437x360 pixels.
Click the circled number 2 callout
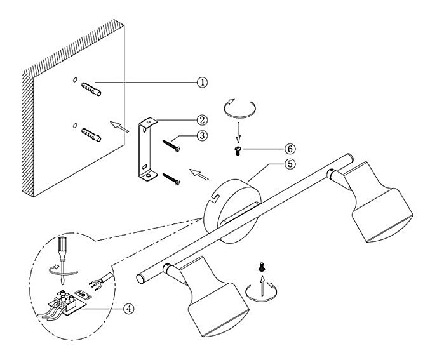pyautogui.click(x=201, y=119)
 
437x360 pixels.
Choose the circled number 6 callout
pyautogui.click(x=290, y=149)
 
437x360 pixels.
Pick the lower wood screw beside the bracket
pyautogui.click(x=172, y=180)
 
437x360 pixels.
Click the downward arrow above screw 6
pyautogui.click(x=238, y=130)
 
